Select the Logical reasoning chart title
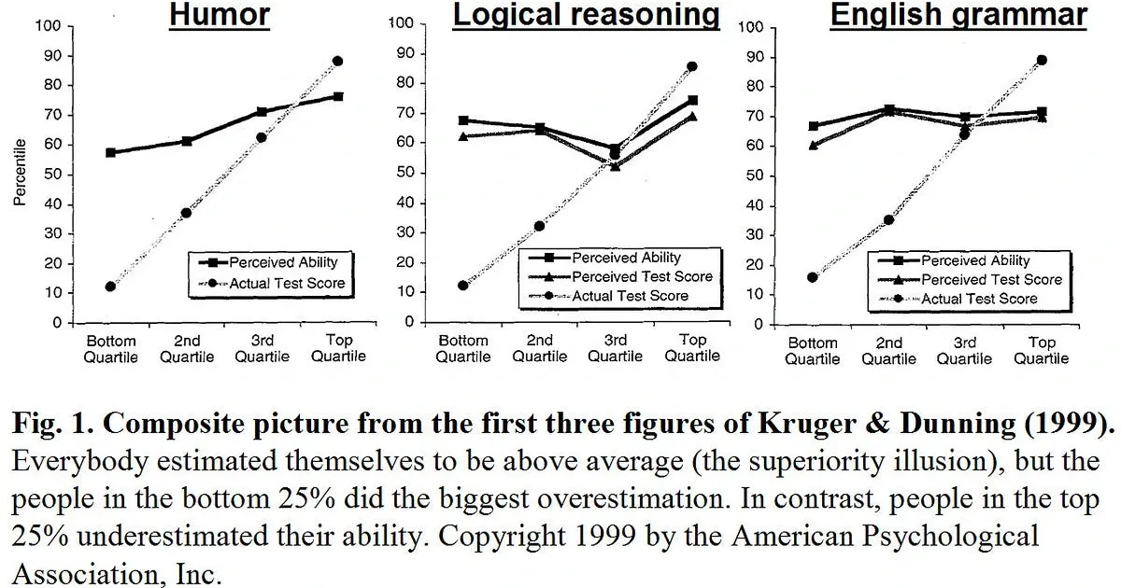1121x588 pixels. pos(586,15)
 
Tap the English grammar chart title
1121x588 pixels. pos(958,15)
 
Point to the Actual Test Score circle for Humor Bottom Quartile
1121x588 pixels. pos(110,287)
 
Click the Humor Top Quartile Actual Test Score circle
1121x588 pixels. pos(337,62)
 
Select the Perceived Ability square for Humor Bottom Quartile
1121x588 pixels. pos(110,152)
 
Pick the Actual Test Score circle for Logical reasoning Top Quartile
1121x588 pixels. pos(692,66)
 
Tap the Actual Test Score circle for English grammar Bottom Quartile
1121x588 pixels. pos(813,277)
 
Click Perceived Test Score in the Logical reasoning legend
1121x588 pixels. pos(642,276)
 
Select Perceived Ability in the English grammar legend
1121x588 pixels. pos(975,261)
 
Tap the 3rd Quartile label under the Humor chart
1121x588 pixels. pos(262,349)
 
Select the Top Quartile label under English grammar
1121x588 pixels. pos(1042,350)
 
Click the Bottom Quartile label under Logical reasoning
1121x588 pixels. pos(463,347)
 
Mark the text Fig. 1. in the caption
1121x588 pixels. pos(48,424)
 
